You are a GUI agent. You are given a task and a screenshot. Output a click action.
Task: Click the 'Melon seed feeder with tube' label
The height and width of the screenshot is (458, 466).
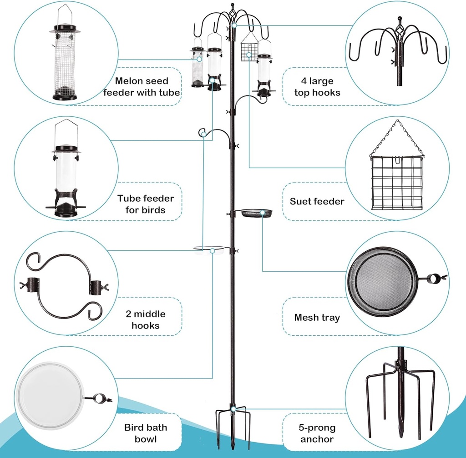click(141, 87)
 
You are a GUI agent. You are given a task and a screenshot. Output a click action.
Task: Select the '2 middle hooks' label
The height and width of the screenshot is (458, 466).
click(145, 319)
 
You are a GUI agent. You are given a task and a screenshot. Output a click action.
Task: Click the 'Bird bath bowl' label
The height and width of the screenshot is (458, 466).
click(145, 433)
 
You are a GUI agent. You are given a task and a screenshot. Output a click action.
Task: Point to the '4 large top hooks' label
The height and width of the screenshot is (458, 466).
click(317, 87)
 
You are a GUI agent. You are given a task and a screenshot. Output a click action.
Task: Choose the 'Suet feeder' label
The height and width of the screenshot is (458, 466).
click(317, 201)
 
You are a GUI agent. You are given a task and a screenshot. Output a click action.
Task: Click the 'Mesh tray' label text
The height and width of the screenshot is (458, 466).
click(317, 318)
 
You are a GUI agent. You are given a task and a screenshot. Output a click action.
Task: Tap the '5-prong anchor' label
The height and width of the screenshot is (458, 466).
click(317, 433)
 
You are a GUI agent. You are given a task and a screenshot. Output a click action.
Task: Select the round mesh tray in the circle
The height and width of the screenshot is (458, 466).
click(383, 278)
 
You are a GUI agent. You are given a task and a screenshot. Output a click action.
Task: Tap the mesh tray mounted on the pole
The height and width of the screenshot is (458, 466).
click(256, 213)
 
